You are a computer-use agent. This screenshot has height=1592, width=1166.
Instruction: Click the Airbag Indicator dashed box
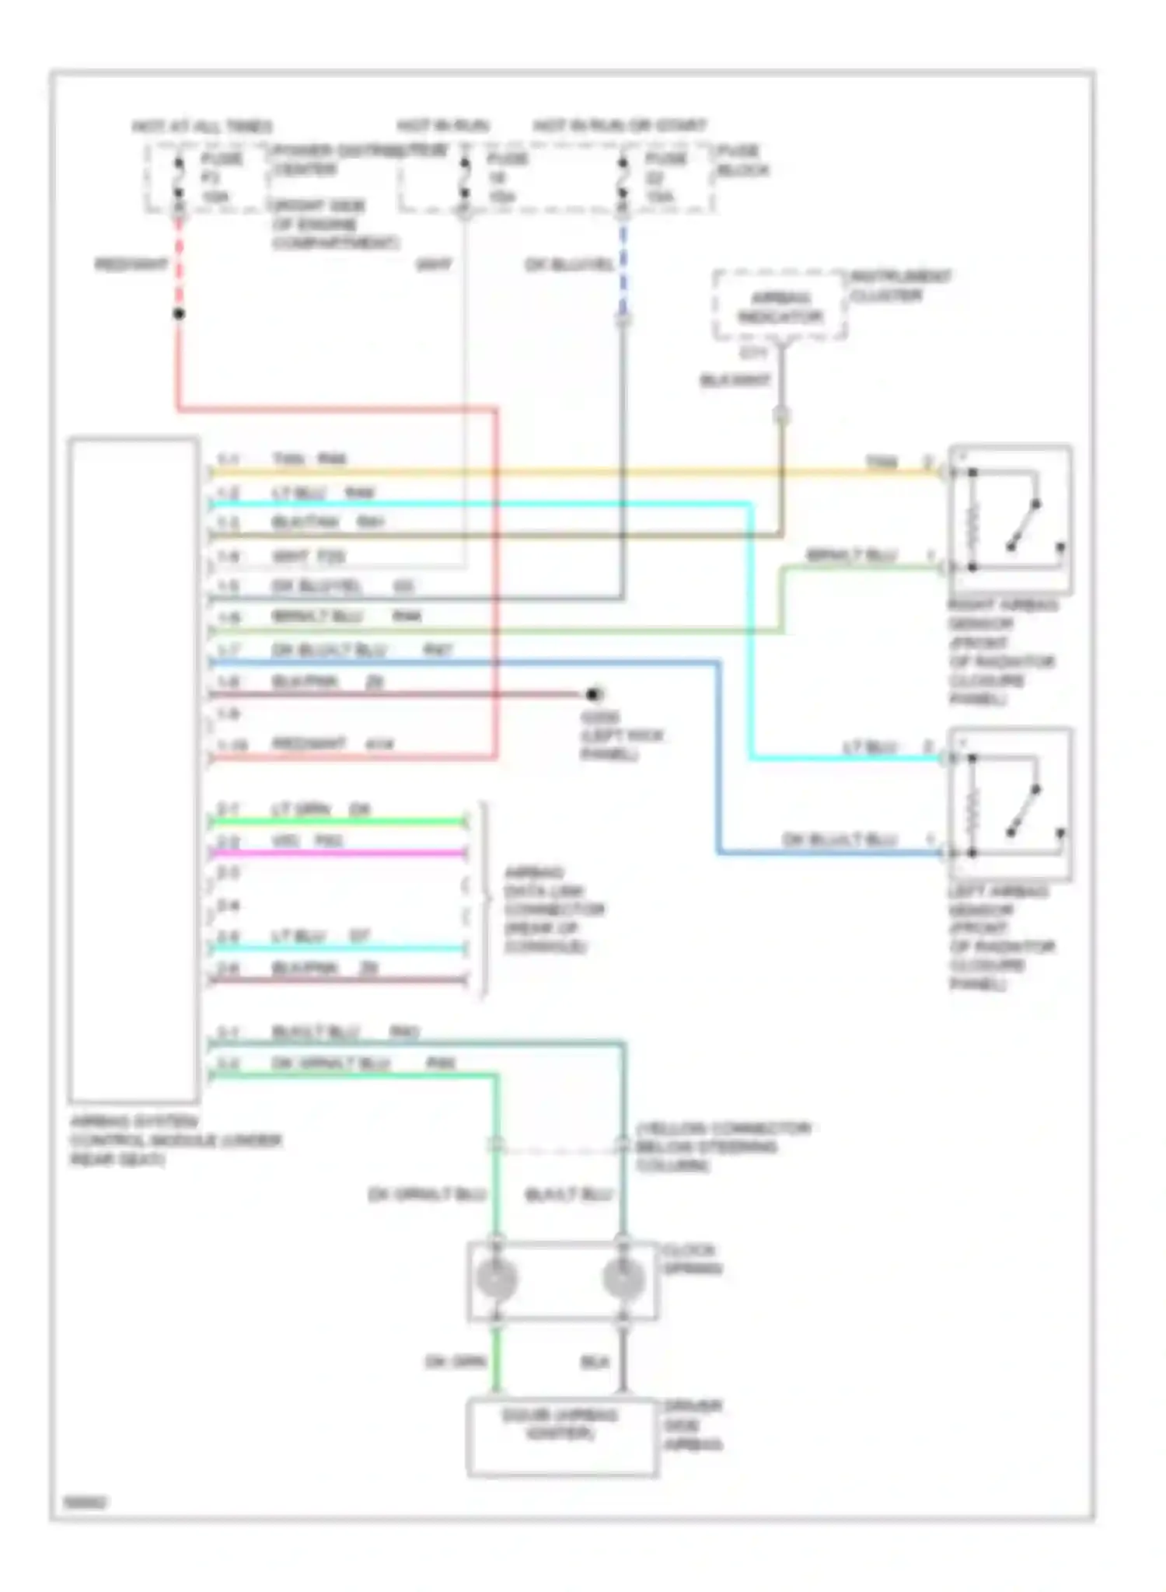[780, 305]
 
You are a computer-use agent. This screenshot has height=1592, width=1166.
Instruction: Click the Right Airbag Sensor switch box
[1010, 518]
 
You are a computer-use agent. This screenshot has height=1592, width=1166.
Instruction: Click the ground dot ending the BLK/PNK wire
[594, 694]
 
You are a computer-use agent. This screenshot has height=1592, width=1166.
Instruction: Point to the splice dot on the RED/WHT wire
[179, 314]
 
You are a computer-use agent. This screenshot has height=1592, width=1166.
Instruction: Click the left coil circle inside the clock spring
[496, 1279]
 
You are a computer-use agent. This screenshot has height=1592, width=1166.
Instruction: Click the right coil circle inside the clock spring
[623, 1279]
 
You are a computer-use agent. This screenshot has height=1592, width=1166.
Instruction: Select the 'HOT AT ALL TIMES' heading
[202, 126]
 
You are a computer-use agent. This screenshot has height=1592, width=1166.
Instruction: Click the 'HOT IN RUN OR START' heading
[620, 125]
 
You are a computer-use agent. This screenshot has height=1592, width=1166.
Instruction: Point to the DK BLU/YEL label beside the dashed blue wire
[569, 264]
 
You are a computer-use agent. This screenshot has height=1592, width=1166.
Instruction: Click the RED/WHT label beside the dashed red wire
[131, 264]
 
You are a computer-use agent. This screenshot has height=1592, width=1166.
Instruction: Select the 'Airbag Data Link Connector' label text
[554, 909]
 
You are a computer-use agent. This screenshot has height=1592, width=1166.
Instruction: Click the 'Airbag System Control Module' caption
[176, 1140]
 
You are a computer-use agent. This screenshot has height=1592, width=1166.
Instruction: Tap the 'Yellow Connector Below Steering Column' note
[723, 1147]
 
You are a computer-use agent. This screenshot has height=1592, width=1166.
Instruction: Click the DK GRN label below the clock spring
[455, 1362]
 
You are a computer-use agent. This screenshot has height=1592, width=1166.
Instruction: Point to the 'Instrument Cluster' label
[900, 285]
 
